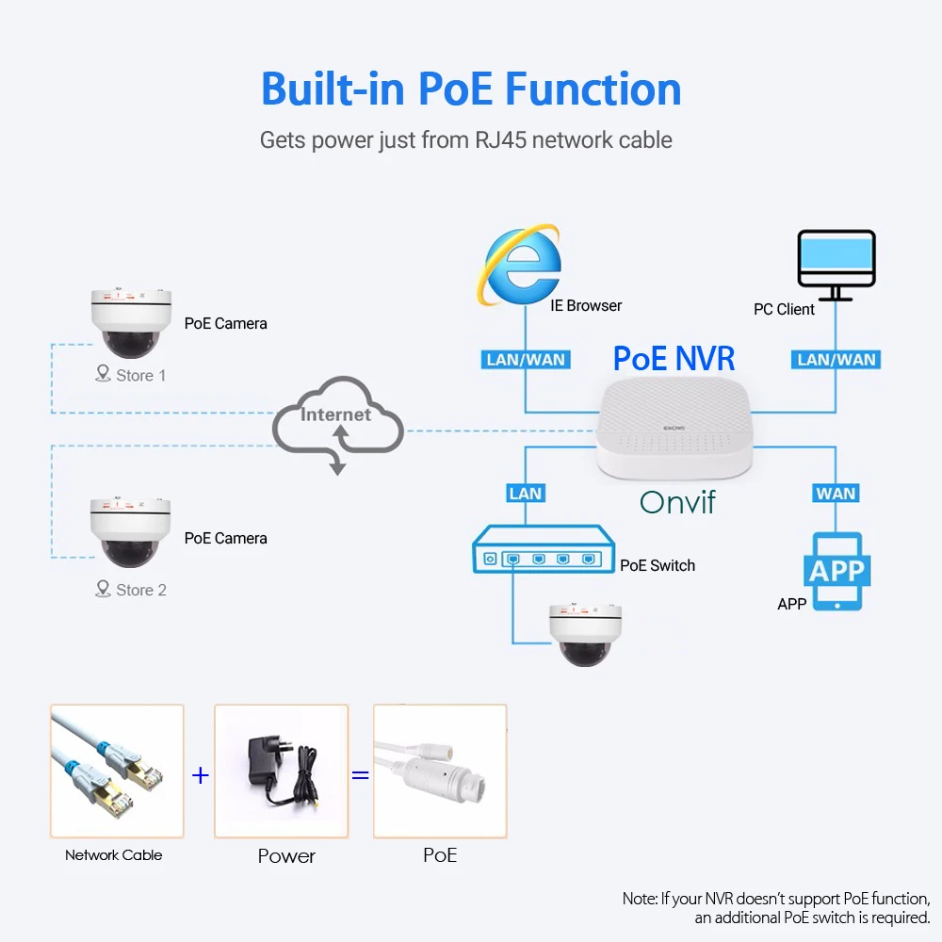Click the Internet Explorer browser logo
(x=522, y=265)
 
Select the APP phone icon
(x=836, y=571)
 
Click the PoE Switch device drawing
(x=544, y=557)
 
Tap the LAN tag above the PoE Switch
(x=525, y=494)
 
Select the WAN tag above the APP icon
(x=836, y=494)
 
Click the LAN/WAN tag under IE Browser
(x=525, y=360)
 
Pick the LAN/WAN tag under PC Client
(x=836, y=360)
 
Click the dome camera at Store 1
(x=131, y=322)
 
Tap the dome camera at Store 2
(x=131, y=533)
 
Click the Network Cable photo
(x=117, y=771)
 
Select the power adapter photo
(x=281, y=771)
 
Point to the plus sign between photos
(x=200, y=775)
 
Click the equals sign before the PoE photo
(x=360, y=775)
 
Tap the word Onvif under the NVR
(x=677, y=502)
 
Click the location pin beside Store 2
(x=103, y=589)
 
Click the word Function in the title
(x=593, y=89)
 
